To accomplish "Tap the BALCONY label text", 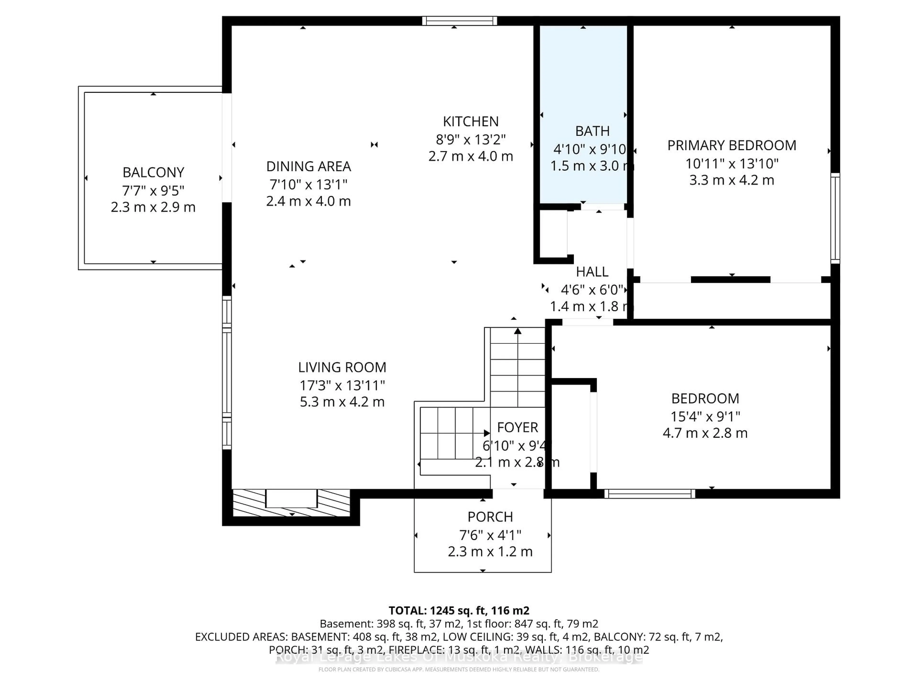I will coord(153,172).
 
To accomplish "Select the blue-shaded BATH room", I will coord(583,83).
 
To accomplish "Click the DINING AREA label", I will coord(308,166).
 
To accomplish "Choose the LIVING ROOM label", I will coord(342,367).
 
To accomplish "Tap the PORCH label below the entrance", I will coord(490,517).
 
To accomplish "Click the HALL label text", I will coord(592,272).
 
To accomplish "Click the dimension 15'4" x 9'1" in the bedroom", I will coord(705,416).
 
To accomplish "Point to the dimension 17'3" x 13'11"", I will coord(342,386).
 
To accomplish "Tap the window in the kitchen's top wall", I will coord(459,21).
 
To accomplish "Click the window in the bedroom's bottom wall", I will coord(650,494).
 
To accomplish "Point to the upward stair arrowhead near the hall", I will coord(518,331).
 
